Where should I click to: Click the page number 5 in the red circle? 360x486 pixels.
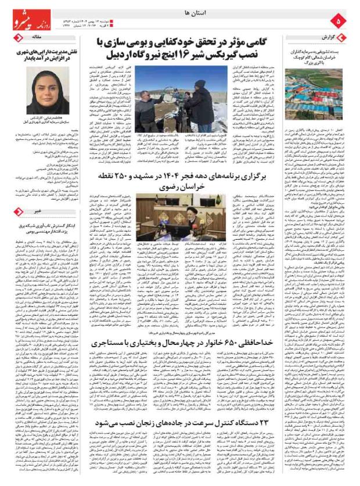(339, 21)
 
